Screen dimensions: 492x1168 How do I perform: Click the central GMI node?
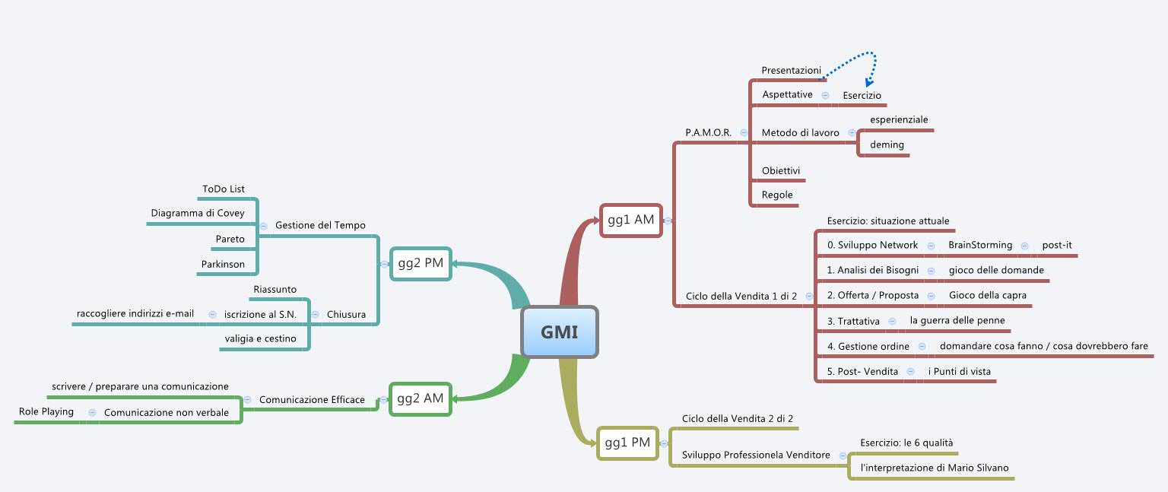coord(560,332)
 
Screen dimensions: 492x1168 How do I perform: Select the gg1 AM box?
coord(630,221)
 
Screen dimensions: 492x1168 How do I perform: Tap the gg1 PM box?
coord(627,443)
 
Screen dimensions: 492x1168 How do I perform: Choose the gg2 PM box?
coord(421,263)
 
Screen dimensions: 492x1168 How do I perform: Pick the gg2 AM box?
coord(421,398)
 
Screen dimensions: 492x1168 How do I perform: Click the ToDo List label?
coord(224,189)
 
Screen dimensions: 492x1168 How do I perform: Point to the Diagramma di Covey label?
coord(198,213)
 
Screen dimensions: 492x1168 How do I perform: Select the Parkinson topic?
coord(223,265)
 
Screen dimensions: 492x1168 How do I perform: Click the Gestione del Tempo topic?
coord(320,225)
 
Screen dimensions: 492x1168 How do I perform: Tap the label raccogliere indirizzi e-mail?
coord(135,313)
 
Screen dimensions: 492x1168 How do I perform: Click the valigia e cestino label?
coord(260,338)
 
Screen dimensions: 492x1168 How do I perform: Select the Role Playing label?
coord(46,411)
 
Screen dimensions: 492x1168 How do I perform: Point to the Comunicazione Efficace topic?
coord(312,399)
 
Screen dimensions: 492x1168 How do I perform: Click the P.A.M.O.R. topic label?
coord(708,132)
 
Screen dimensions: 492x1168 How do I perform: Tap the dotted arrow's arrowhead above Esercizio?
coord(868,83)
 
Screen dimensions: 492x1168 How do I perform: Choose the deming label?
coord(887,144)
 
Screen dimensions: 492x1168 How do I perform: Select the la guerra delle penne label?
coord(957,321)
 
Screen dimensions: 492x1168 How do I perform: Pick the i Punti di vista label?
coord(959,371)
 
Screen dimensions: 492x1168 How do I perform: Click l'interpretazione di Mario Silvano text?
coord(935,468)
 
